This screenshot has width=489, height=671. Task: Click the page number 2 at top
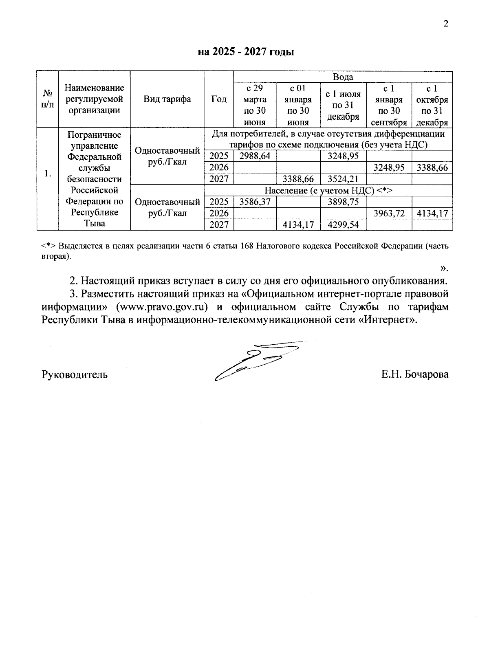445,24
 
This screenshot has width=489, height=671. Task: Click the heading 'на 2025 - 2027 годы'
246,52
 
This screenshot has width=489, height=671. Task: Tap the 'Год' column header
219,99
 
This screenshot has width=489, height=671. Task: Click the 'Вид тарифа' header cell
167,99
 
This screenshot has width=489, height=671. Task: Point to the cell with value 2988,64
255,156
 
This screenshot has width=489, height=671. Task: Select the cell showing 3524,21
343,178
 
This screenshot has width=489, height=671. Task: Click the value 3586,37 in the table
255,202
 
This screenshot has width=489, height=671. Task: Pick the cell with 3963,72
389,213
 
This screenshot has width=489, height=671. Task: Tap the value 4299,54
343,224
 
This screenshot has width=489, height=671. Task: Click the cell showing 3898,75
343,202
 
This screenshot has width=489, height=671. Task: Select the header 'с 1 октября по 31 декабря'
432,106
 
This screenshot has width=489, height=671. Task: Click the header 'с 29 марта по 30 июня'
255,106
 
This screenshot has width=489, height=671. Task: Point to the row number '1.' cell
48,174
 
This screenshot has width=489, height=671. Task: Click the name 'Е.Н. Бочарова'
415,374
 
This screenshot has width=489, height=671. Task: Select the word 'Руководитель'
75,374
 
